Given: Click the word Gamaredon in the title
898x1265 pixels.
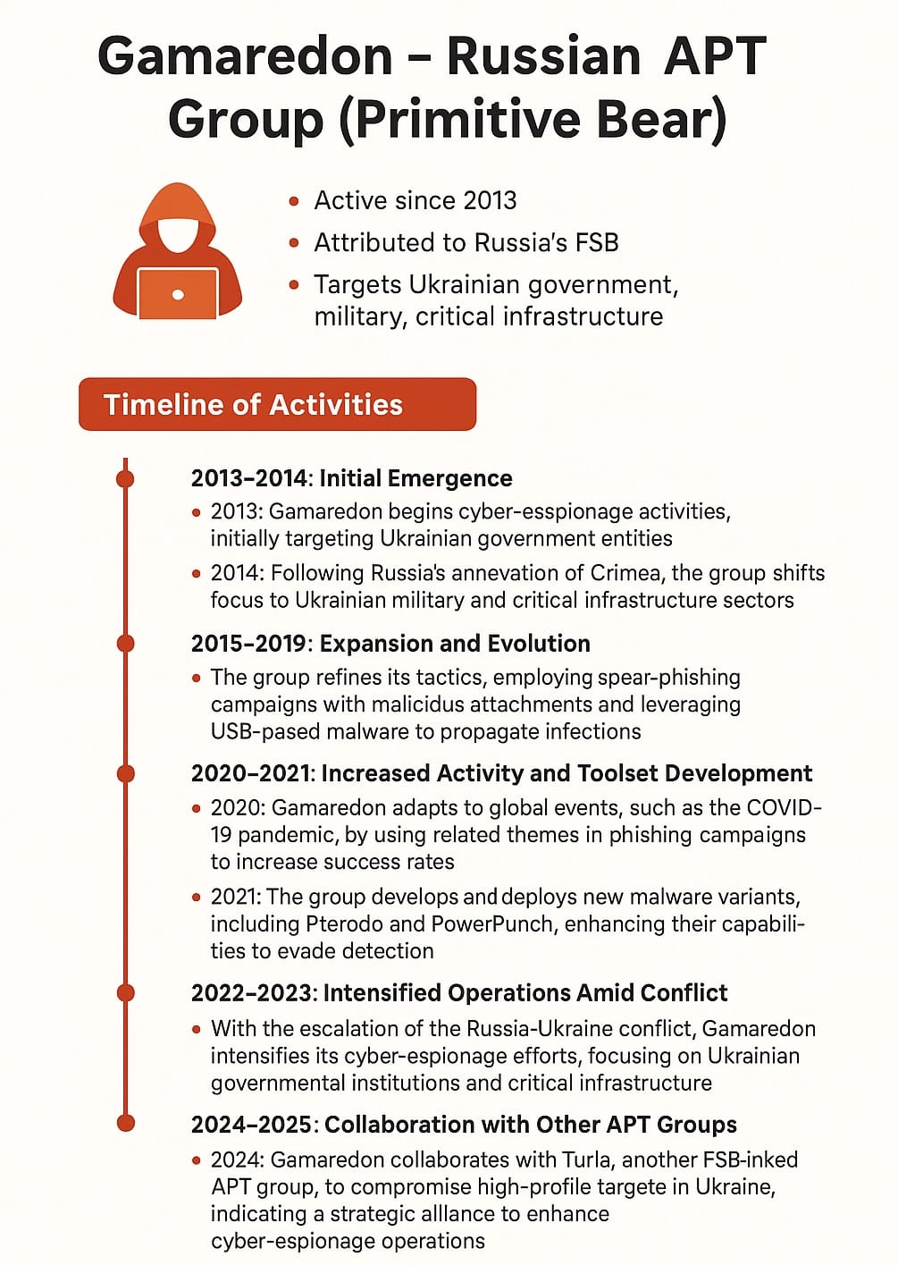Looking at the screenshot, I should (245, 55).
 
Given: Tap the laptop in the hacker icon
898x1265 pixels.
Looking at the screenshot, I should (177, 293).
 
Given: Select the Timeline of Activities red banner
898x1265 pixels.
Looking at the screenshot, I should (277, 404).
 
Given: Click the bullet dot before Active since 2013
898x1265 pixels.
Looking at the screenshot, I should (294, 201).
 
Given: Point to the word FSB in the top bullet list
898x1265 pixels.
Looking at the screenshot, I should (596, 243).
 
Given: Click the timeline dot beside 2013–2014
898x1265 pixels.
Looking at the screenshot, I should (126, 478).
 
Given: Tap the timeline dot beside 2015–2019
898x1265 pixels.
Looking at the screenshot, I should (126, 644).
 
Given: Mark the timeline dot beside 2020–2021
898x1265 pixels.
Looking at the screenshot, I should (126, 773).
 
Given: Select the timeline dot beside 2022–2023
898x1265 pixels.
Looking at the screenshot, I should (126, 992).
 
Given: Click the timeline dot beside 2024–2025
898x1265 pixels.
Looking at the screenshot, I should (126, 1123).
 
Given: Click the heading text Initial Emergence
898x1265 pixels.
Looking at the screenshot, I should (415, 478).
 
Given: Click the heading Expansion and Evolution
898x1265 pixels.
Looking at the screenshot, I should (455, 644).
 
